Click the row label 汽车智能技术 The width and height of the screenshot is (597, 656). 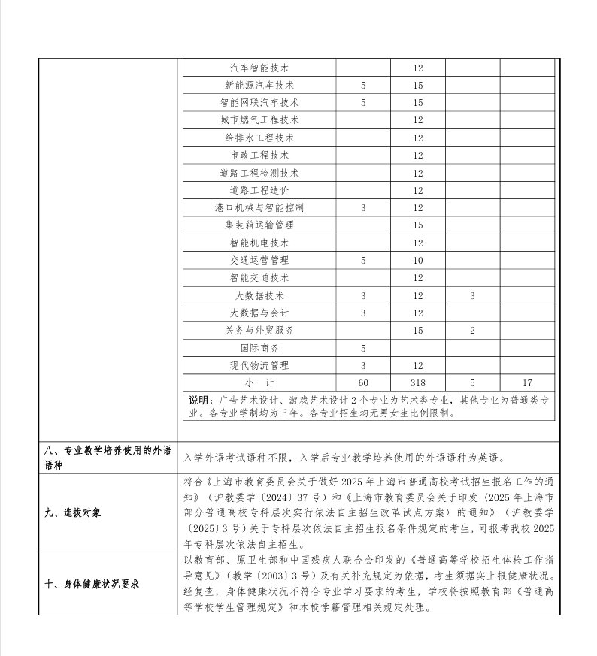click(259, 68)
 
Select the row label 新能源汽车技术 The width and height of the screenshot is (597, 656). click(259, 85)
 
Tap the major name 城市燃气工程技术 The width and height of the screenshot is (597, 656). click(259, 120)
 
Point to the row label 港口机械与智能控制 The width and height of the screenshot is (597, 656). click(259, 207)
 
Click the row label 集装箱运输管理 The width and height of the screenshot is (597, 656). click(259, 225)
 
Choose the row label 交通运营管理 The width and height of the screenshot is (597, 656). click(259, 260)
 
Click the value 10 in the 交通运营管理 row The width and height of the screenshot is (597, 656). click(417, 260)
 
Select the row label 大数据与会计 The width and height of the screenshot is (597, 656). click(259, 313)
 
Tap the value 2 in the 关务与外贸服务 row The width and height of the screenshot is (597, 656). click(472, 330)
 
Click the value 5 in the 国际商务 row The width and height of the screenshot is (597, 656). click(363, 348)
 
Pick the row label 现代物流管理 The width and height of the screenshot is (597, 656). click(259, 365)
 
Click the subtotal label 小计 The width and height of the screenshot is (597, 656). click(259, 382)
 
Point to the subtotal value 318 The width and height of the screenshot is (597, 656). click(417, 382)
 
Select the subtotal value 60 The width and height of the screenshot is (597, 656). click(363, 382)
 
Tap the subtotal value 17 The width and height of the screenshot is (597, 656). click(527, 382)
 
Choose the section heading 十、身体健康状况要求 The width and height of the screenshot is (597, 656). click(92, 584)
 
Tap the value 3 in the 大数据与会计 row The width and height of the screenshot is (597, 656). click(363, 313)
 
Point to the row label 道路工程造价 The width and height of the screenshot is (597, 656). click(259, 190)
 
